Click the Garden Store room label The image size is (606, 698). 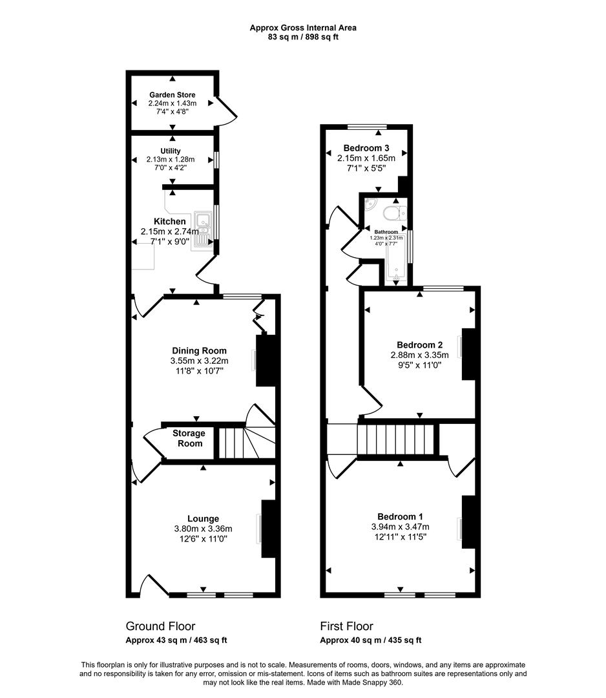click(172, 95)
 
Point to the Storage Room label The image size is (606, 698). click(189, 438)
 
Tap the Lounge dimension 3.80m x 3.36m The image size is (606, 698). click(203, 529)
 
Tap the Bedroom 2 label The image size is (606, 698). click(419, 344)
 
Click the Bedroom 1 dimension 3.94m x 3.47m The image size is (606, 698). click(400, 526)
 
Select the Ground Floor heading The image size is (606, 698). click(160, 626)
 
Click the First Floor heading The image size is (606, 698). click(346, 626)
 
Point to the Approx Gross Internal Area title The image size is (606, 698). click(303, 28)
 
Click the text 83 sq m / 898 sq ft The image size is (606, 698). click(303, 37)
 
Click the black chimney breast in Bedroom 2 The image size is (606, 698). click(468, 354)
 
